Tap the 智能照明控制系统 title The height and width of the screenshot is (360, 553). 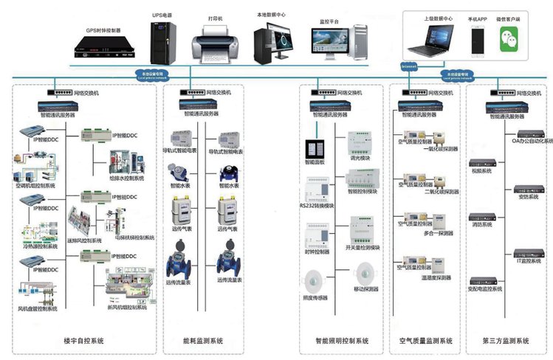point(341,342)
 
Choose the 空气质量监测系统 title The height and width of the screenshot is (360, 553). point(425,342)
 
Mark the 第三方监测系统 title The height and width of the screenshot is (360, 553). point(505,342)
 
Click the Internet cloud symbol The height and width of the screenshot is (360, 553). point(408,66)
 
